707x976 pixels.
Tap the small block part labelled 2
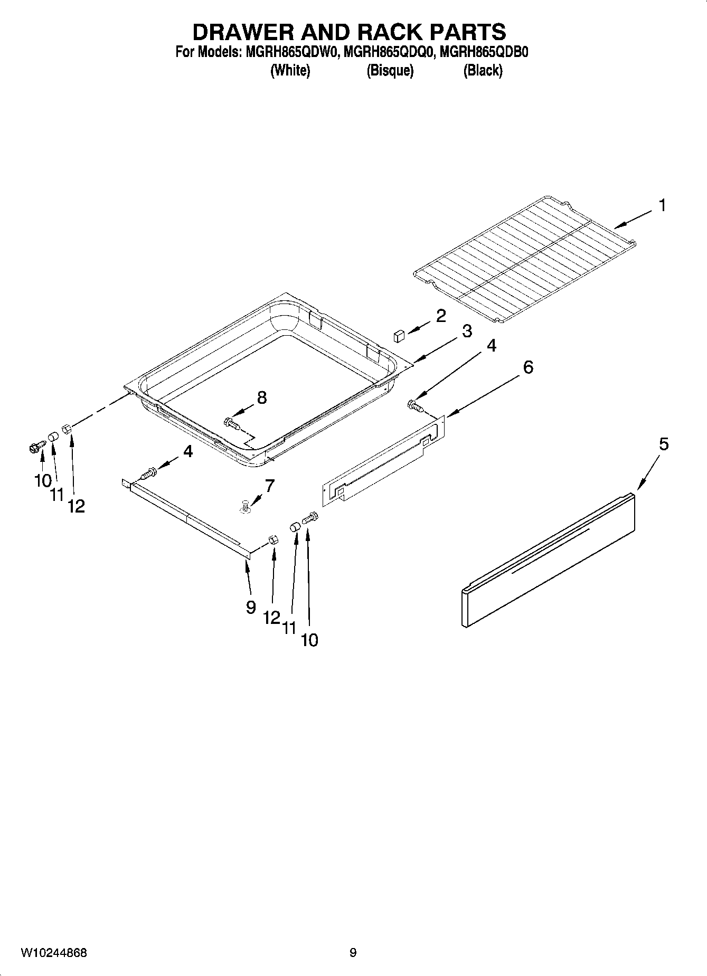pyautogui.click(x=399, y=335)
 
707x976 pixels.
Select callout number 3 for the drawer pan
pyautogui.click(x=467, y=331)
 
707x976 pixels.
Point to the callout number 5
pyautogui.click(x=664, y=444)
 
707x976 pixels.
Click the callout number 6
pyautogui.click(x=528, y=367)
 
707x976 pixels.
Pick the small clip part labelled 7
pyautogui.click(x=245, y=507)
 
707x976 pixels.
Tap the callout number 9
pyautogui.click(x=251, y=608)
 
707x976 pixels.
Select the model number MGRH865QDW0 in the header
pyautogui.click(x=287, y=53)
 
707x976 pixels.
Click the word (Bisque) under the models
pyautogui.click(x=390, y=70)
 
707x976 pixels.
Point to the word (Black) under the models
pyautogui.click(x=483, y=70)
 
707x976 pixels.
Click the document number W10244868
pyautogui.click(x=54, y=953)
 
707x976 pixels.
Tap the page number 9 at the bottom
pyautogui.click(x=353, y=953)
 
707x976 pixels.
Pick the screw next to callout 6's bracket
pyautogui.click(x=415, y=406)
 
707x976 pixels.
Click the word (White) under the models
pyautogui.click(x=290, y=70)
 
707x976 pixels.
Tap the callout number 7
pyautogui.click(x=269, y=486)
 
